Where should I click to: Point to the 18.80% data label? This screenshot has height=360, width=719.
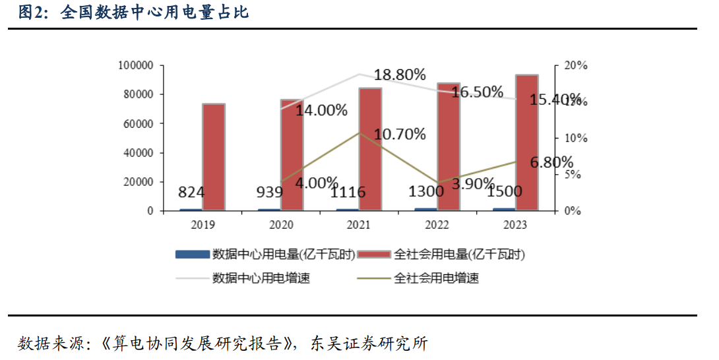(x=400, y=75)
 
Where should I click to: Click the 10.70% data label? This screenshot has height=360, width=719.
(x=400, y=135)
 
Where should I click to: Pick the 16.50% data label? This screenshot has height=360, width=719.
(x=478, y=92)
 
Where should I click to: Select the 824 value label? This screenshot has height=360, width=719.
(x=191, y=193)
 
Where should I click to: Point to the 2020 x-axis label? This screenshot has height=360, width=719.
(x=281, y=225)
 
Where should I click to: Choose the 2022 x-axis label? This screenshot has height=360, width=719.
(x=438, y=225)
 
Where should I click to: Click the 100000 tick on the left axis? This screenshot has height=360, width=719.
(x=136, y=66)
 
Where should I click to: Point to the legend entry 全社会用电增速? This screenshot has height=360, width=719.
(x=436, y=278)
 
